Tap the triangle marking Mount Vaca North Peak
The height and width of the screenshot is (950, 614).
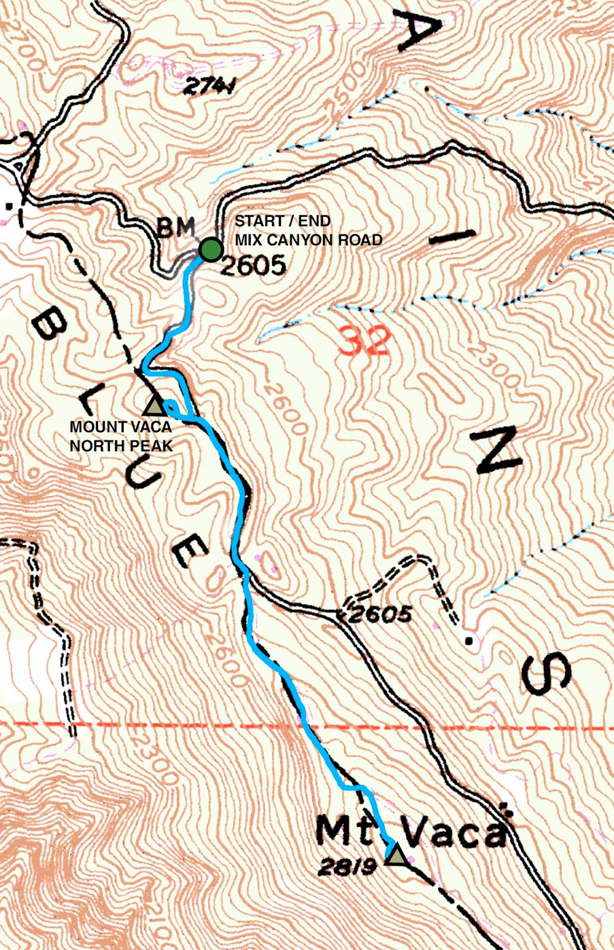154,406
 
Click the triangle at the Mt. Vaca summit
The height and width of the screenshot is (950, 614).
396,856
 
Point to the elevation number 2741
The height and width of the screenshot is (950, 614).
210,88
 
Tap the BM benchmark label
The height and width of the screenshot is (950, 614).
176,227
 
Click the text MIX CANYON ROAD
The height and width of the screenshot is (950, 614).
308,240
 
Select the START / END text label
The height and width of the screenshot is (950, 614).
283,221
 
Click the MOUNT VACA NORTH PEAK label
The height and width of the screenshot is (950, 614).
121,436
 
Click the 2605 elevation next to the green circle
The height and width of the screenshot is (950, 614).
254,265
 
